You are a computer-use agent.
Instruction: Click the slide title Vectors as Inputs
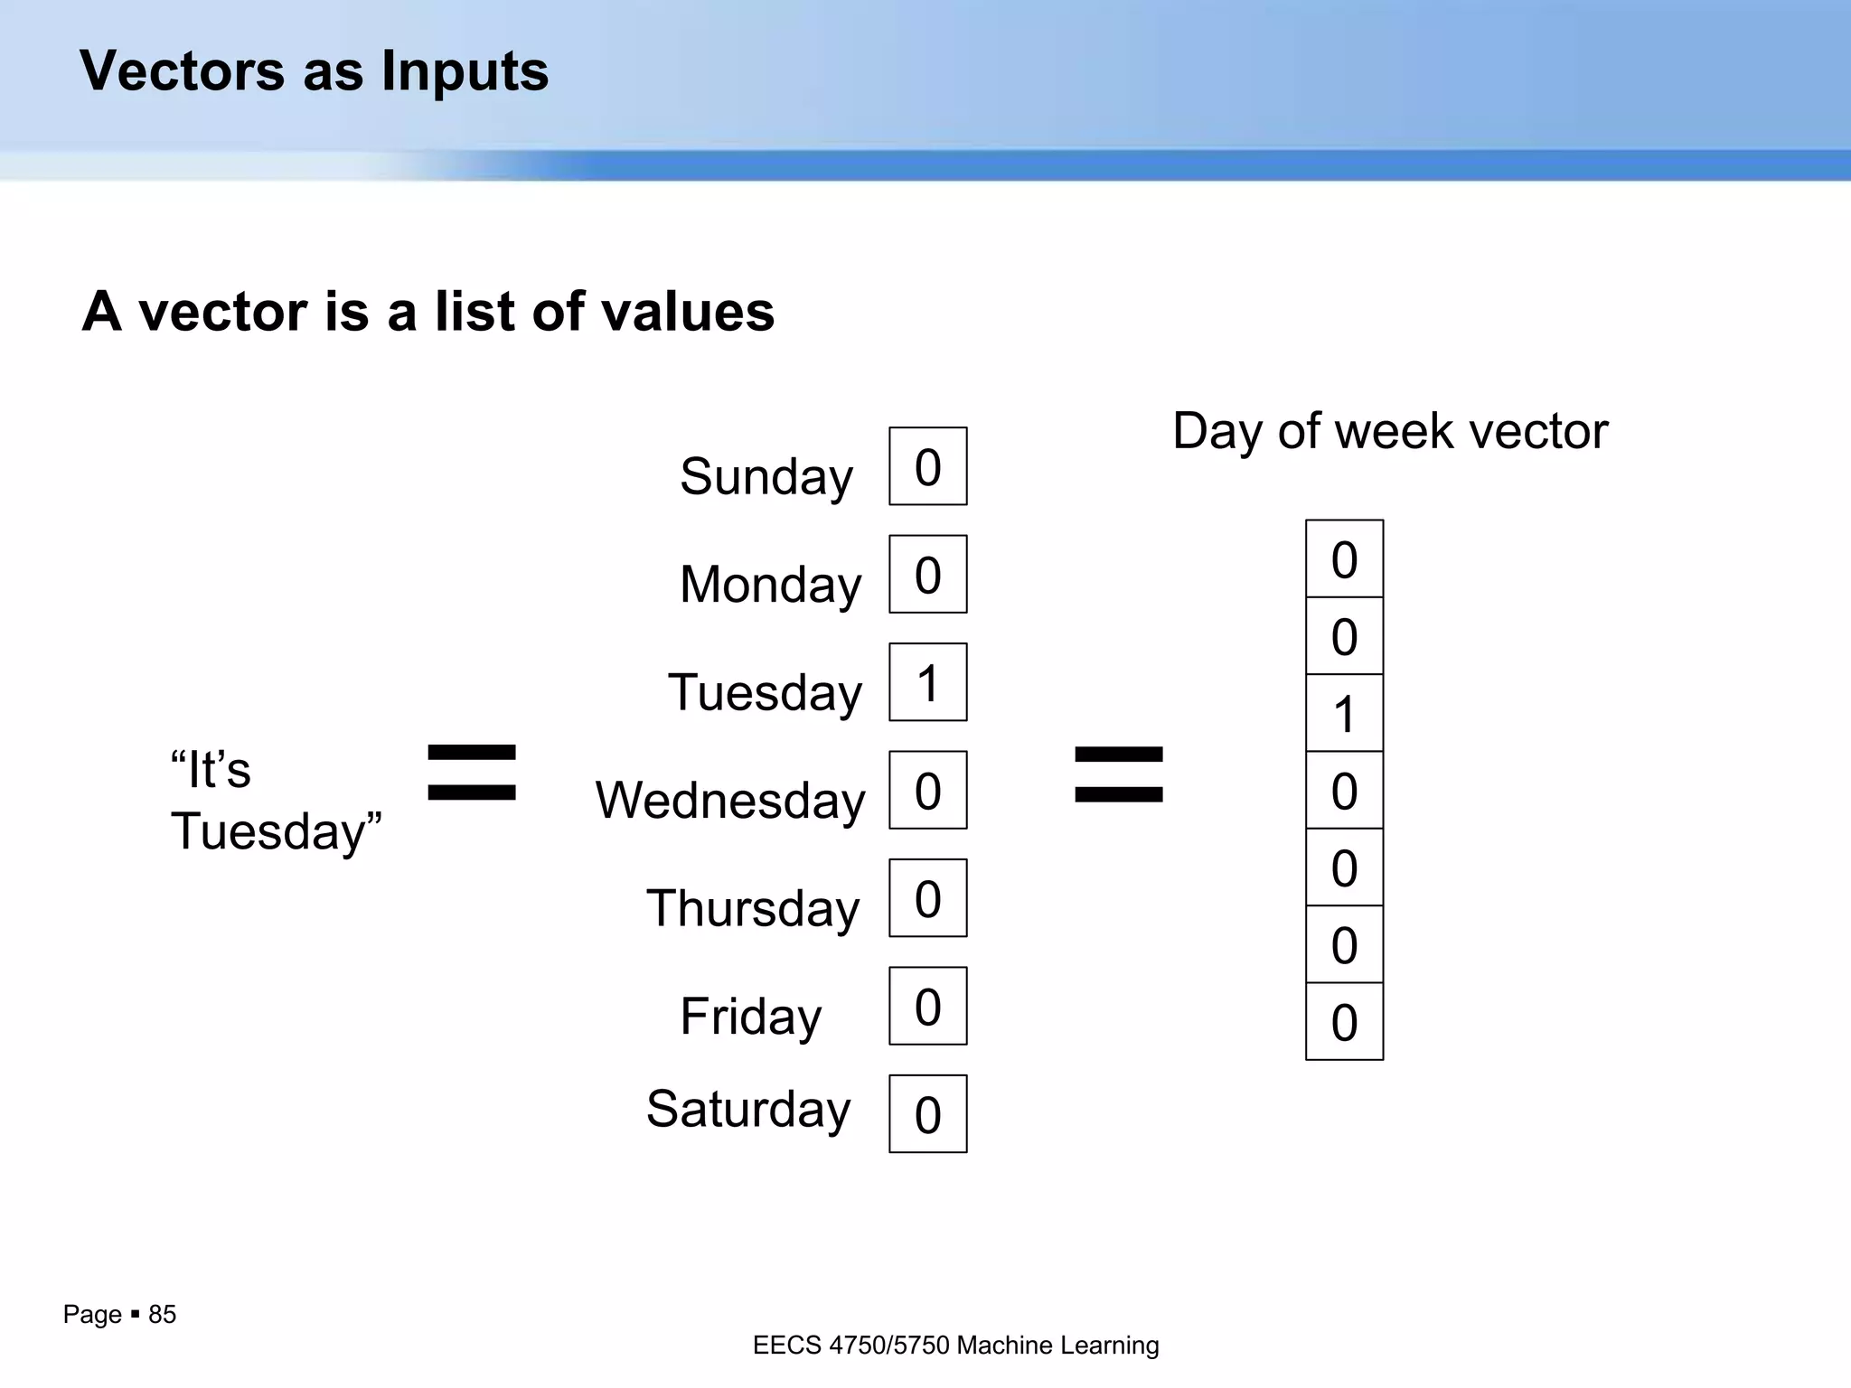click(314, 70)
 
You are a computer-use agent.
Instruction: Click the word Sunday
click(766, 476)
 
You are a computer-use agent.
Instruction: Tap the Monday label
click(770, 584)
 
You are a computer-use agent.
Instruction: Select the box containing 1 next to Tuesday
click(927, 682)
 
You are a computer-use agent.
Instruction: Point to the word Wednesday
click(729, 801)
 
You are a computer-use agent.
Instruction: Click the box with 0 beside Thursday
click(927, 898)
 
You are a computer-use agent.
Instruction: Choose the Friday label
click(750, 1016)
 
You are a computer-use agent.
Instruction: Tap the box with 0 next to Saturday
click(927, 1113)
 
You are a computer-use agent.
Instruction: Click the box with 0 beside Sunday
click(927, 466)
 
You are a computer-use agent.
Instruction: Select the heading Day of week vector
click(1389, 431)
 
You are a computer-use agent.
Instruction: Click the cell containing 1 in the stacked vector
click(1344, 713)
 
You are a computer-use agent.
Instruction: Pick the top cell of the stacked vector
click(1344, 558)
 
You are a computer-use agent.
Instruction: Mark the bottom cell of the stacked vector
click(1344, 1021)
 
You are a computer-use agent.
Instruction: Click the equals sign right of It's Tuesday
click(471, 773)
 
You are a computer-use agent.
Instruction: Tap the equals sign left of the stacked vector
click(1118, 774)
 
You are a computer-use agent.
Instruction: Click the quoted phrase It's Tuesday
click(276, 801)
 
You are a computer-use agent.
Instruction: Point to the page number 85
click(162, 1314)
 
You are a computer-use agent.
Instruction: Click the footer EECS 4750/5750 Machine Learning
click(955, 1346)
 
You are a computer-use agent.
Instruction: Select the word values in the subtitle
click(687, 311)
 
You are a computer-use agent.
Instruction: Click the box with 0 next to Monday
click(927, 574)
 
